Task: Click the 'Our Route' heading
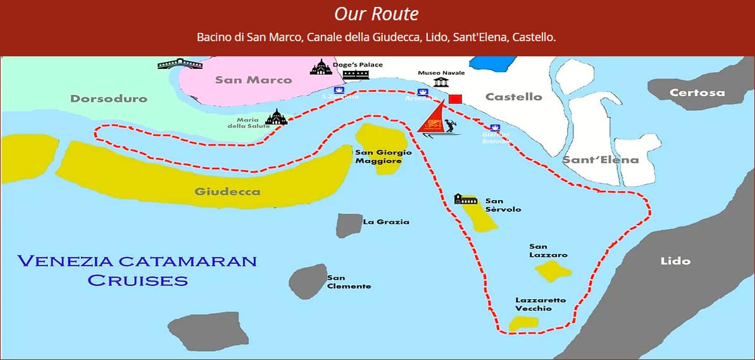click(377, 14)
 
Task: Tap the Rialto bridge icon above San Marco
click(180, 63)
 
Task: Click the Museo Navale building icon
click(440, 83)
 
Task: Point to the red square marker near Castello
click(455, 99)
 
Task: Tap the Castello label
click(513, 97)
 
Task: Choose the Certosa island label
click(697, 93)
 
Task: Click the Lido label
click(675, 261)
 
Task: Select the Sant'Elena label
click(601, 160)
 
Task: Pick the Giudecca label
click(227, 192)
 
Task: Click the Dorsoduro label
click(109, 99)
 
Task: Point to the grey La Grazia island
click(348, 225)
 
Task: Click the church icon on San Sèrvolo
click(466, 200)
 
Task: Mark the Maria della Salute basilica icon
click(276, 117)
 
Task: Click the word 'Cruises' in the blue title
click(138, 280)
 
